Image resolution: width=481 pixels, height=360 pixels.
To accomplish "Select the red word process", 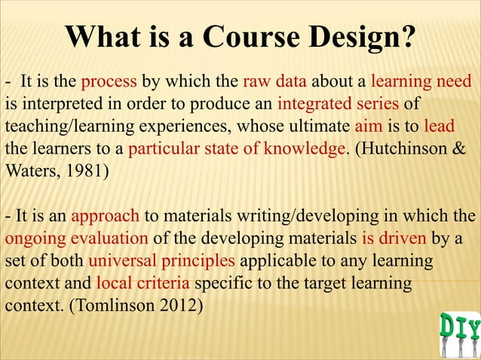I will click(108, 81).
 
